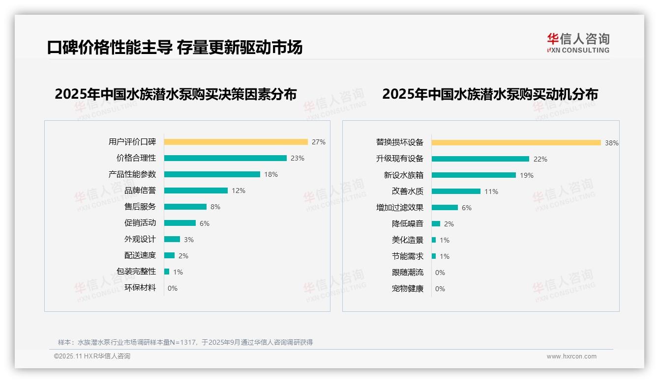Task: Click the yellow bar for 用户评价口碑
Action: [x=236, y=142]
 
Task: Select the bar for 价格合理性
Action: [x=225, y=158]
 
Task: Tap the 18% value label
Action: [x=271, y=174]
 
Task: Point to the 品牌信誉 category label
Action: [x=140, y=191]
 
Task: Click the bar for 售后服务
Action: [x=185, y=207]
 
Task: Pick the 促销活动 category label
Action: [x=140, y=223]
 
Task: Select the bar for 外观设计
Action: [x=172, y=239]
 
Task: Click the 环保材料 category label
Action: [x=140, y=288]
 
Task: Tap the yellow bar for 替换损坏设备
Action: [x=516, y=142]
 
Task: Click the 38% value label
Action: [x=612, y=143]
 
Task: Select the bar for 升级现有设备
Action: [x=480, y=159]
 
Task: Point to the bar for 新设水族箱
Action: [x=474, y=175]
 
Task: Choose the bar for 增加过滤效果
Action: [x=445, y=208]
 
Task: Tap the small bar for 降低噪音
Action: [x=436, y=224]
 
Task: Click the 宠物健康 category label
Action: [x=407, y=289]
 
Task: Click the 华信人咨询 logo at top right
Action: [x=578, y=43]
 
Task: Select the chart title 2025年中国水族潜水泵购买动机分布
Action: [x=490, y=94]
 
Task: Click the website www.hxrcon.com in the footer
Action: [x=571, y=356]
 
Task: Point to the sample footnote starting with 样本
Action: [x=185, y=342]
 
